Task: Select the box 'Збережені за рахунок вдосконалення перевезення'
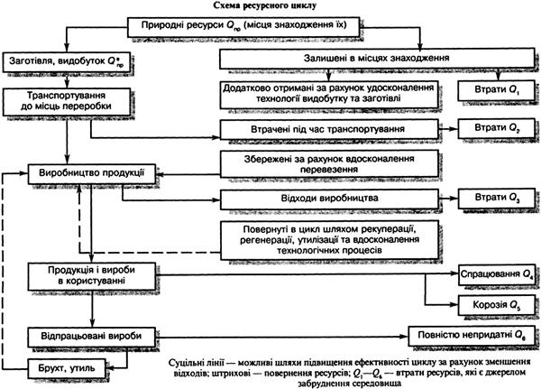[328, 162]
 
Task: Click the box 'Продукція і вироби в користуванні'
[87, 278]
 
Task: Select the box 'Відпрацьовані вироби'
[87, 333]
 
